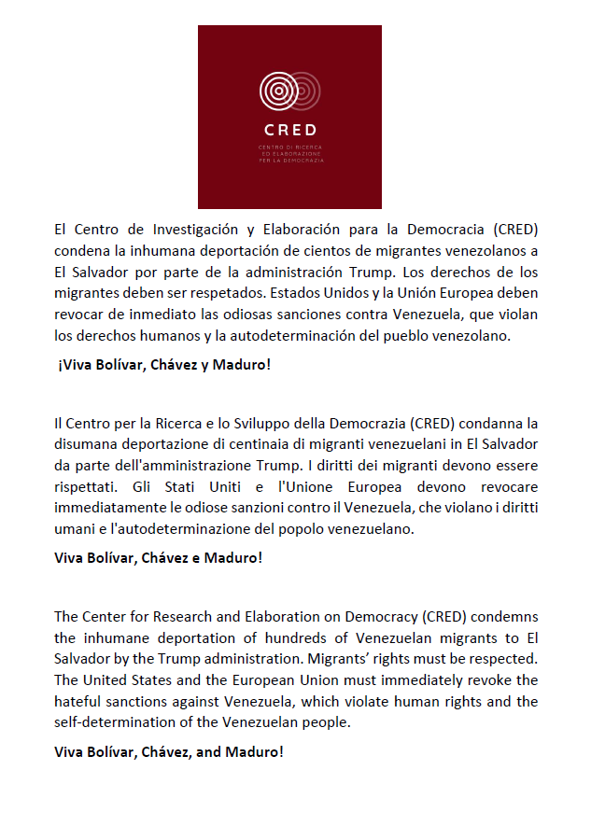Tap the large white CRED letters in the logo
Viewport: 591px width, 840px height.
point(289,131)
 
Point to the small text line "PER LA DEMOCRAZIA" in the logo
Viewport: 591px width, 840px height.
point(289,161)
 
